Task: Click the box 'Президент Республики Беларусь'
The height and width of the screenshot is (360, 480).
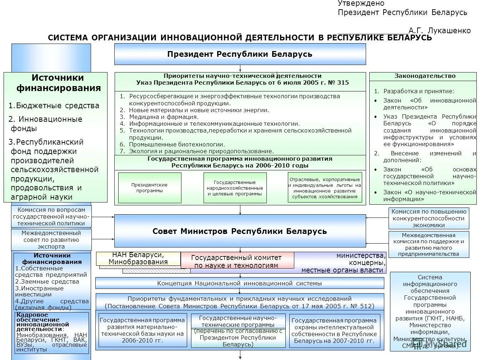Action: click(240, 54)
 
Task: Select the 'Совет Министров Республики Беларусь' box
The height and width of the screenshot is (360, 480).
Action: click(240, 231)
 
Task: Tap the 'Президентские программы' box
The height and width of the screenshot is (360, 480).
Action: click(150, 188)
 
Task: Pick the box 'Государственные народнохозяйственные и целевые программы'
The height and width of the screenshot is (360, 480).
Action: click(235, 188)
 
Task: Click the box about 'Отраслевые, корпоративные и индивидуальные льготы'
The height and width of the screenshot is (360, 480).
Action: click(325, 188)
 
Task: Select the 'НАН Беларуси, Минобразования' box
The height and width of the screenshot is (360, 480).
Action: click(138, 258)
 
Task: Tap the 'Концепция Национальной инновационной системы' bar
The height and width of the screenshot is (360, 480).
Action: click(240, 283)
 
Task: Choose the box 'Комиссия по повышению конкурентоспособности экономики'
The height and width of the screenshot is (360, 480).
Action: click(429, 218)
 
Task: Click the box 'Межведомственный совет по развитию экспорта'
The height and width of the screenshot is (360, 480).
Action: click(51, 240)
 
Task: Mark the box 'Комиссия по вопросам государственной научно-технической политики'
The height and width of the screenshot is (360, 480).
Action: click(51, 216)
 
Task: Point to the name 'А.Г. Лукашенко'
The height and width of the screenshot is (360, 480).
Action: click(440, 30)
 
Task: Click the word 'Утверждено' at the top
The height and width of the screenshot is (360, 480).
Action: click(361, 4)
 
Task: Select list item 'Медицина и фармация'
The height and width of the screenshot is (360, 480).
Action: click(164, 117)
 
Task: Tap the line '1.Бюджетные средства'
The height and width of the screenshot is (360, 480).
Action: click(54, 106)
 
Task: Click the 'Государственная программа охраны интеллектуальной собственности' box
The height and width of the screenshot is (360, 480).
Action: click(334, 331)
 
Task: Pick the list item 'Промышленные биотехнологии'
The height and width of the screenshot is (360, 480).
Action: click(177, 144)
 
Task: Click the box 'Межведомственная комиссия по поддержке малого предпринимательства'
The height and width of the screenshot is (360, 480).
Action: click(429, 245)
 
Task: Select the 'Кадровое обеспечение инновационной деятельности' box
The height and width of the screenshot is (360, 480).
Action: click(51, 332)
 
